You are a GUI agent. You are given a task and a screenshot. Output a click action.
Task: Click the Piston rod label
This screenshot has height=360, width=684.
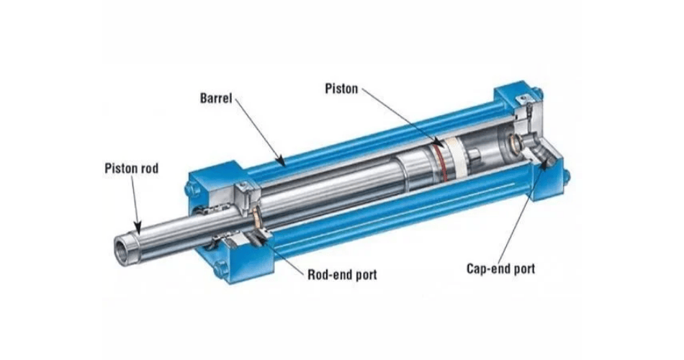131,168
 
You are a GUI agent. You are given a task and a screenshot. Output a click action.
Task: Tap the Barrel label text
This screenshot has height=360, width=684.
216,98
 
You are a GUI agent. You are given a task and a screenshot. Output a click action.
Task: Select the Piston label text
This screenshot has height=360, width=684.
341,89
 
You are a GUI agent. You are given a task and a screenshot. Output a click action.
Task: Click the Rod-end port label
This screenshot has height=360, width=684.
343,274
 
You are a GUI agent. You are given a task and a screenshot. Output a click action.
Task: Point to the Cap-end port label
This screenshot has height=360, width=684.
501,268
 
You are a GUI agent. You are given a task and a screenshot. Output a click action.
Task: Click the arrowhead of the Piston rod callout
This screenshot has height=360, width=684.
138,228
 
